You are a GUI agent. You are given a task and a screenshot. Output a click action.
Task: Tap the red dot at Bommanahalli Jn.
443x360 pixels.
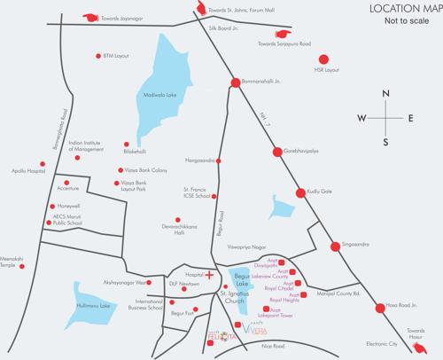tap(236, 83)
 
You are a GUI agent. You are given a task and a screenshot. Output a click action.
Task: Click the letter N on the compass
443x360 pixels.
tap(384, 94)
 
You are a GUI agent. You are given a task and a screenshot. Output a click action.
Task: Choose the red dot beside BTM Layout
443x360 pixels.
tap(98, 55)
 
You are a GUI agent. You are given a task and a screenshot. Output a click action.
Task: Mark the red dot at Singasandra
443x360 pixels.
tap(336, 246)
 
